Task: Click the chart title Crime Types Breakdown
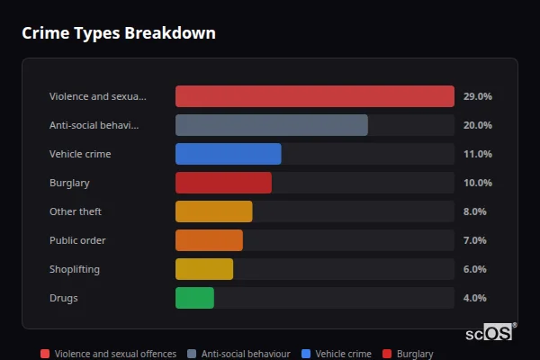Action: click(x=118, y=33)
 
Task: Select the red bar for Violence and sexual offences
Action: click(x=314, y=96)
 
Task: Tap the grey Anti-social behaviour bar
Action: click(x=271, y=125)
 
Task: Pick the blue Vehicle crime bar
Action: click(x=228, y=154)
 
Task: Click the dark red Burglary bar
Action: click(x=223, y=183)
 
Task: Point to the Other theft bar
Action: click(x=213, y=211)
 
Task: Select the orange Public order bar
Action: click(x=209, y=240)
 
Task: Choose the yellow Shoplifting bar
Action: click(x=203, y=269)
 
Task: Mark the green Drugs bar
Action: click(x=194, y=298)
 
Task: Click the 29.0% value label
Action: click(x=477, y=96)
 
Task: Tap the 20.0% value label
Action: click(x=477, y=125)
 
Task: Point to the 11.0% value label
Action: click(x=477, y=154)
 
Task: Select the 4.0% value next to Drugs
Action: click(x=474, y=298)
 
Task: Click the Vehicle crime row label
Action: click(x=80, y=154)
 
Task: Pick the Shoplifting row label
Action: click(x=75, y=269)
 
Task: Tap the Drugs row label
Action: click(x=63, y=298)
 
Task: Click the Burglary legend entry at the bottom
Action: click(x=408, y=355)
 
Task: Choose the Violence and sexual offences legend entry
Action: click(x=108, y=355)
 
